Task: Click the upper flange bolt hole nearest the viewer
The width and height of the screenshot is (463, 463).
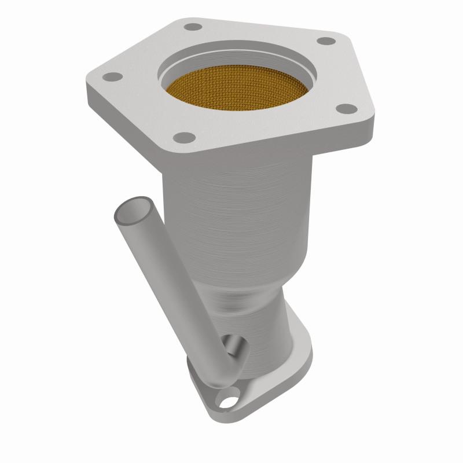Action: [185, 137]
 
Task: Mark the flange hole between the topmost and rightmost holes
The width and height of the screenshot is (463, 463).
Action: [327, 41]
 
